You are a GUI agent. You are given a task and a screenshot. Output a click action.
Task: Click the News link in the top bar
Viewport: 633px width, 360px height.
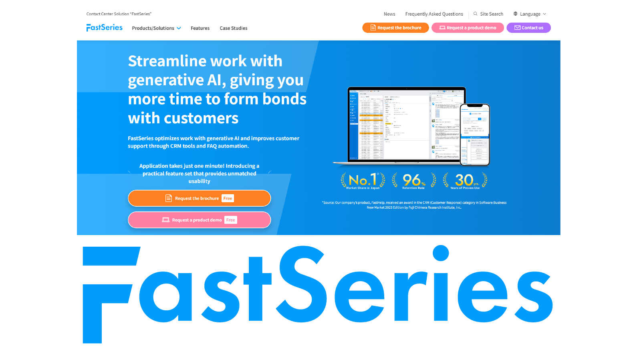coord(389,14)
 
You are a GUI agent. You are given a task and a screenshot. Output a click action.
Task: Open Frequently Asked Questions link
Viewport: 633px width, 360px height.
coord(434,14)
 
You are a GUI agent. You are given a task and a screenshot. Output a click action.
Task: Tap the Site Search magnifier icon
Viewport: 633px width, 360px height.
coord(476,14)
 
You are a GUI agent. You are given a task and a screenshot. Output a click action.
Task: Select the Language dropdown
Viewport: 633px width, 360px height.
coord(530,14)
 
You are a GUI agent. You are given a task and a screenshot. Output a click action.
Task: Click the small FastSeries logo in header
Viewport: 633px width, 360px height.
coord(105,28)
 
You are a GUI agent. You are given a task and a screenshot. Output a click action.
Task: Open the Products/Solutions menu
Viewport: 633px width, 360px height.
coord(156,28)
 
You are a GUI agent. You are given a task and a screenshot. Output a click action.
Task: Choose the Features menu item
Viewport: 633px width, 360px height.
coord(200,28)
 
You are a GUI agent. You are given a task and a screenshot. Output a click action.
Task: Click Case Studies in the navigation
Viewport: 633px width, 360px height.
coord(234,28)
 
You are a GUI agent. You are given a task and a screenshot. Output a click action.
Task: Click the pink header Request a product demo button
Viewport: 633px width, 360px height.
coord(468,28)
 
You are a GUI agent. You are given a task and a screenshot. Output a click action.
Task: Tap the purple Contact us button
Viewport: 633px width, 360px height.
coord(528,28)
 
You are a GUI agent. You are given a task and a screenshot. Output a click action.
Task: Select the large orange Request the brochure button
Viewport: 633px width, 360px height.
coord(199,198)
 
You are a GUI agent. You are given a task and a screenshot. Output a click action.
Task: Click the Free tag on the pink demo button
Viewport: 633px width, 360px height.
coord(231,220)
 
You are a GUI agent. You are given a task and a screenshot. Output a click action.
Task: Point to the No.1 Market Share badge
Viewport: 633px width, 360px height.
coord(363,181)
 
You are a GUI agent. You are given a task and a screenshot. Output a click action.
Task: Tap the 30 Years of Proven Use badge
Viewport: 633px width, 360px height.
coord(465,181)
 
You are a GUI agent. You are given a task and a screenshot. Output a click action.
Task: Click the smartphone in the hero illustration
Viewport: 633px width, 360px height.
coord(475,135)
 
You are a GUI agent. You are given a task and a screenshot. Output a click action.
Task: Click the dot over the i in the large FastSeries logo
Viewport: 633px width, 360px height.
coord(441,253)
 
